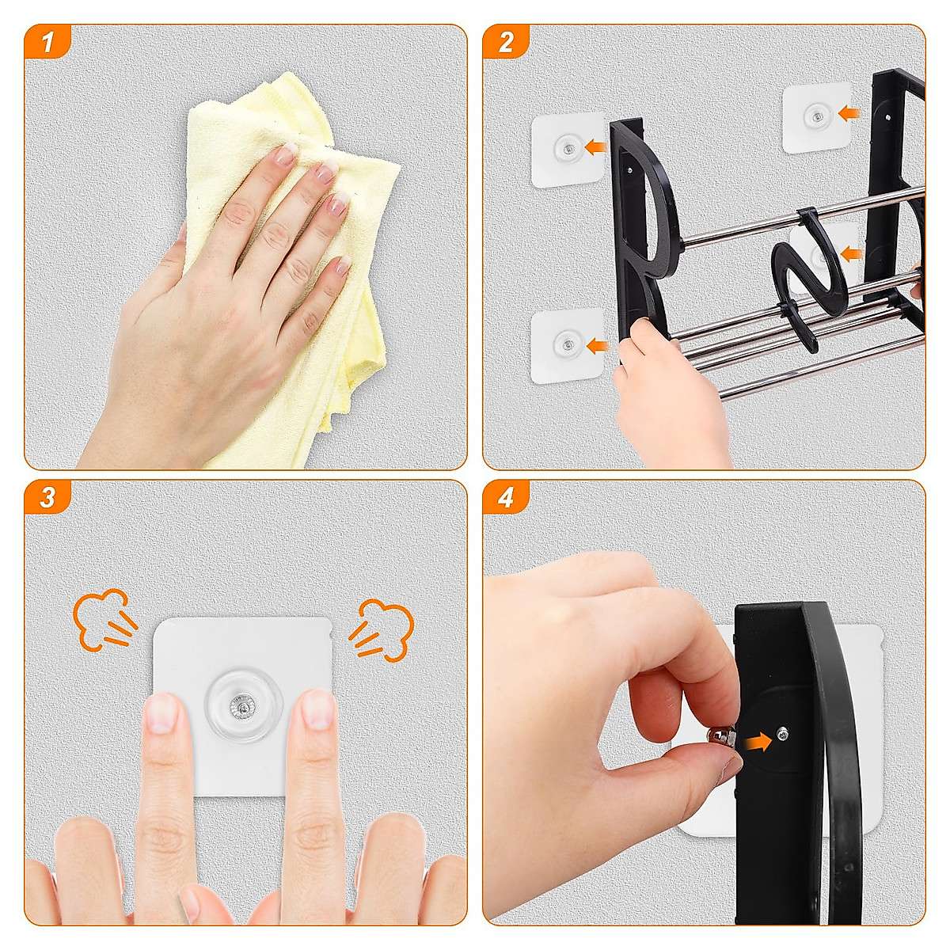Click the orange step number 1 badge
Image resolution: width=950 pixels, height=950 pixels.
click(47, 41)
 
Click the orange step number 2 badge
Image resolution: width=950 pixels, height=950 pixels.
click(506, 41)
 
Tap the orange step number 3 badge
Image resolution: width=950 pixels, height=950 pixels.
click(47, 497)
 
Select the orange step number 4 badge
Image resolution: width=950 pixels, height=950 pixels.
click(506, 497)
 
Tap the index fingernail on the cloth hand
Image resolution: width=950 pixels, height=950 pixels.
click(285, 154)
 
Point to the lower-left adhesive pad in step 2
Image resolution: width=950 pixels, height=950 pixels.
click(567, 345)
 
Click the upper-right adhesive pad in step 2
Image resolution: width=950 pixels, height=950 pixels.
click(817, 117)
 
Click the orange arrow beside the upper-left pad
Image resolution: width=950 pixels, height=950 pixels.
click(595, 146)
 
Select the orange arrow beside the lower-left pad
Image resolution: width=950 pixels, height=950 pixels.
click(597, 346)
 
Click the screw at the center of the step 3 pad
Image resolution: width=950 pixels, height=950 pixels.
click(241, 708)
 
